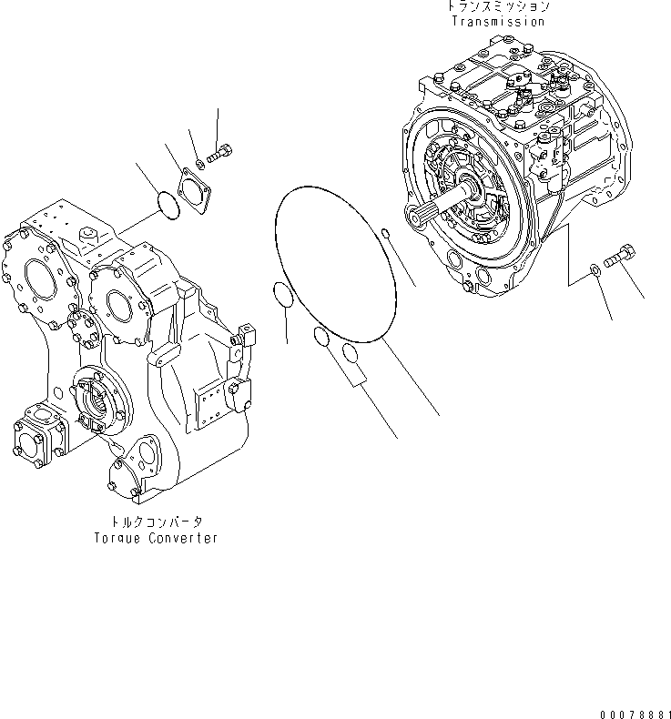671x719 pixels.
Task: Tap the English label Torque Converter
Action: (x=156, y=538)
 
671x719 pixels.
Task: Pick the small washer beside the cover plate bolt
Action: (x=200, y=166)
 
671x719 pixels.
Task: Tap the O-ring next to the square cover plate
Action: (x=166, y=205)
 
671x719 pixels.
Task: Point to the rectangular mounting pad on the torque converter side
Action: (x=211, y=401)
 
